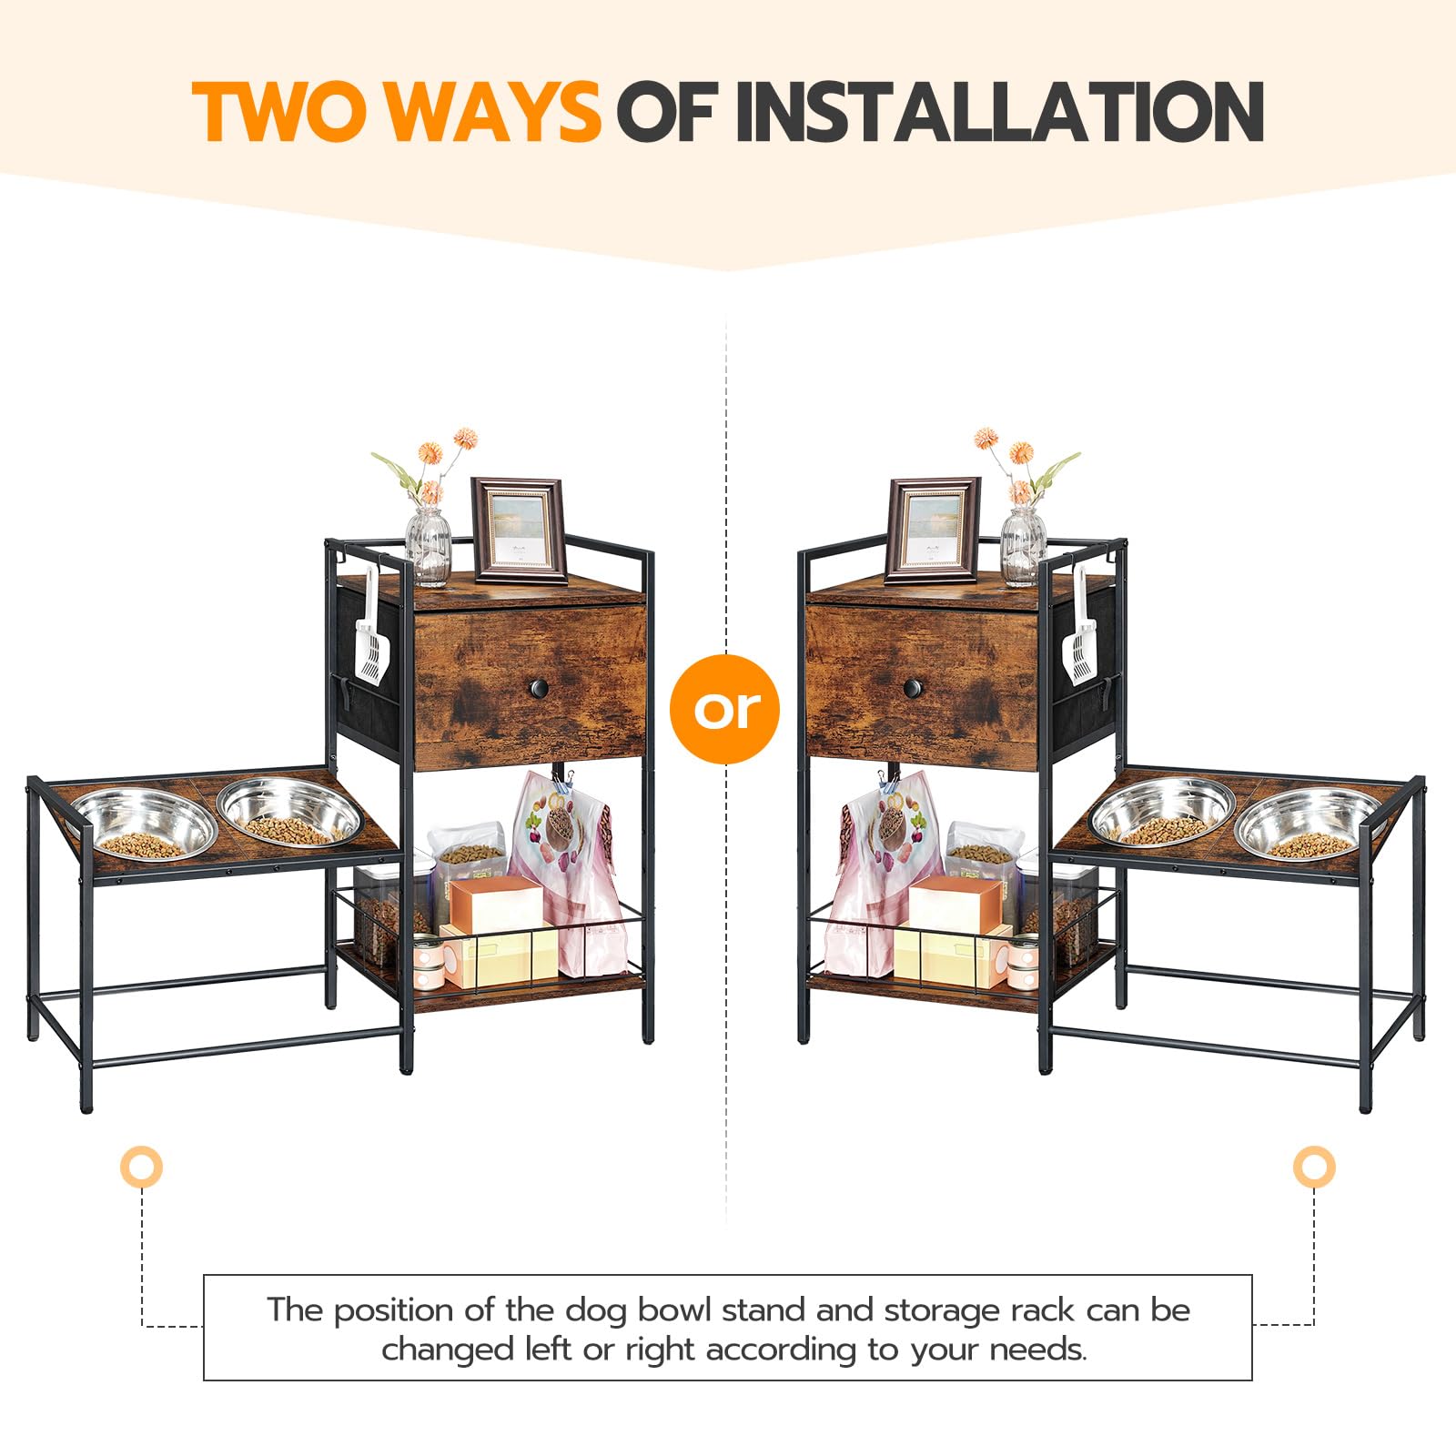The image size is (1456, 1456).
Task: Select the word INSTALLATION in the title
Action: tap(999, 112)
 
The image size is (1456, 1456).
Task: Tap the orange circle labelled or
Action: tap(725, 709)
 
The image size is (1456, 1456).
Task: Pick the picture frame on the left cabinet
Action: tap(519, 530)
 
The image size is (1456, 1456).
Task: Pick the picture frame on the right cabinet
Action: tap(933, 530)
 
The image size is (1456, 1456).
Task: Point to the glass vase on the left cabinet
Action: tap(428, 546)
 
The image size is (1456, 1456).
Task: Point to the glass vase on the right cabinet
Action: tap(1024, 546)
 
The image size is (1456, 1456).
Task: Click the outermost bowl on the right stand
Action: tap(1309, 824)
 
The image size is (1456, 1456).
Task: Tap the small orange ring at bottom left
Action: tap(141, 1166)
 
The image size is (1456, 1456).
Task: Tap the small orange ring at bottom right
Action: tap(1314, 1166)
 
